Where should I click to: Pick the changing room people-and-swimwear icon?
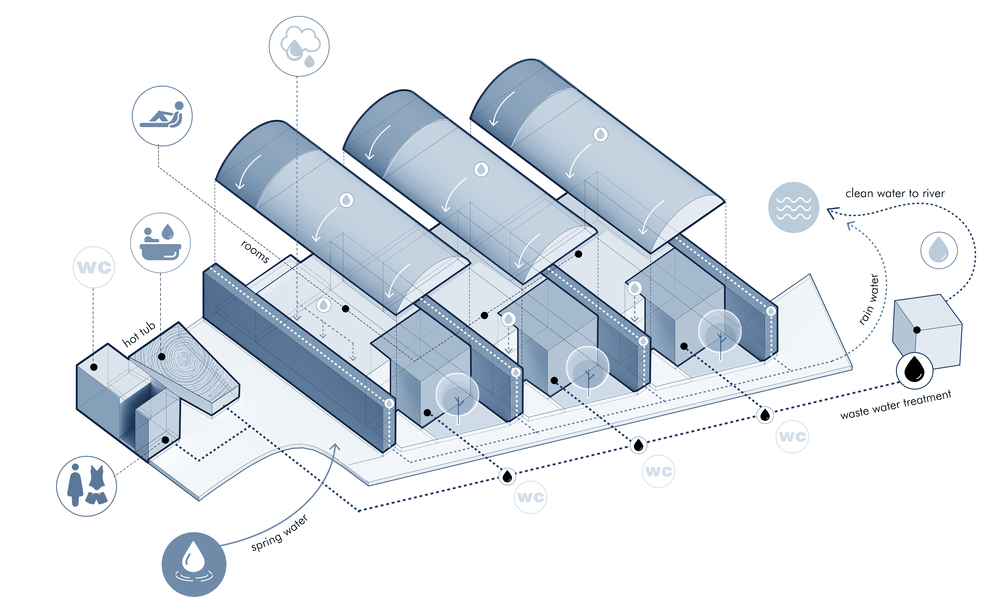86,486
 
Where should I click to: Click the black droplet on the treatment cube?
914,370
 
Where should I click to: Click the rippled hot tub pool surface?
185,359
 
